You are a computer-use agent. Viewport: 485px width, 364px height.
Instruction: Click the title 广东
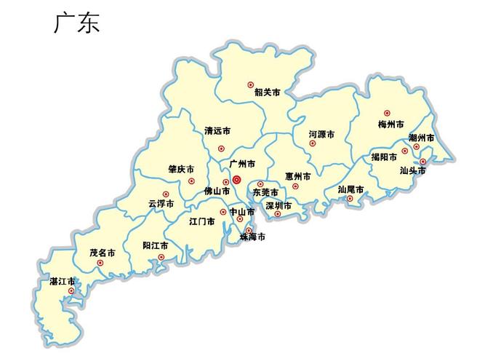click(x=76, y=23)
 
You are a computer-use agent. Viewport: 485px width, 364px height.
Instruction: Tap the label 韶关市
click(x=267, y=92)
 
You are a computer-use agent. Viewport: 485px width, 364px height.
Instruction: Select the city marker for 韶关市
click(x=251, y=85)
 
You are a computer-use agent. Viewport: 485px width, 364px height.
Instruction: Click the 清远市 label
click(x=217, y=132)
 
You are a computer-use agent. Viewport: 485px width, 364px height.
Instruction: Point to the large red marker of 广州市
click(x=236, y=178)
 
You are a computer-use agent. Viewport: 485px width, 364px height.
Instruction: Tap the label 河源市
click(x=321, y=135)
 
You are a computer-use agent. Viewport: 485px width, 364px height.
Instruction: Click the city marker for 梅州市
click(x=387, y=114)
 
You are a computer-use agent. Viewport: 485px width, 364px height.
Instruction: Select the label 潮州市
click(x=421, y=138)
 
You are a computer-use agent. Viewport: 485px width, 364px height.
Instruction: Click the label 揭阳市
click(x=383, y=157)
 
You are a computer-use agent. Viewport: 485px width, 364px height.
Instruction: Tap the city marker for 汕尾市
click(x=350, y=198)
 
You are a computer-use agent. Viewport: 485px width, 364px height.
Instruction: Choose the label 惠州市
click(x=297, y=176)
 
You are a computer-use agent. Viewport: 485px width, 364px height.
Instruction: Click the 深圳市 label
click(x=278, y=206)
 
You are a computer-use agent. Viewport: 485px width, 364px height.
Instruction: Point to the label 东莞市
click(x=265, y=193)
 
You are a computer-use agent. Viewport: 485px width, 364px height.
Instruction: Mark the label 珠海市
click(x=252, y=237)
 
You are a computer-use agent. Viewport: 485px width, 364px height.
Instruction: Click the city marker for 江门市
click(x=223, y=212)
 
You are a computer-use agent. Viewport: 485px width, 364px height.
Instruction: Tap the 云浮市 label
click(x=161, y=204)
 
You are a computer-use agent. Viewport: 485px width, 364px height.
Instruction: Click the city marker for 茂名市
click(x=100, y=263)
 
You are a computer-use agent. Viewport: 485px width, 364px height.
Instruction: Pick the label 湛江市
click(x=62, y=281)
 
